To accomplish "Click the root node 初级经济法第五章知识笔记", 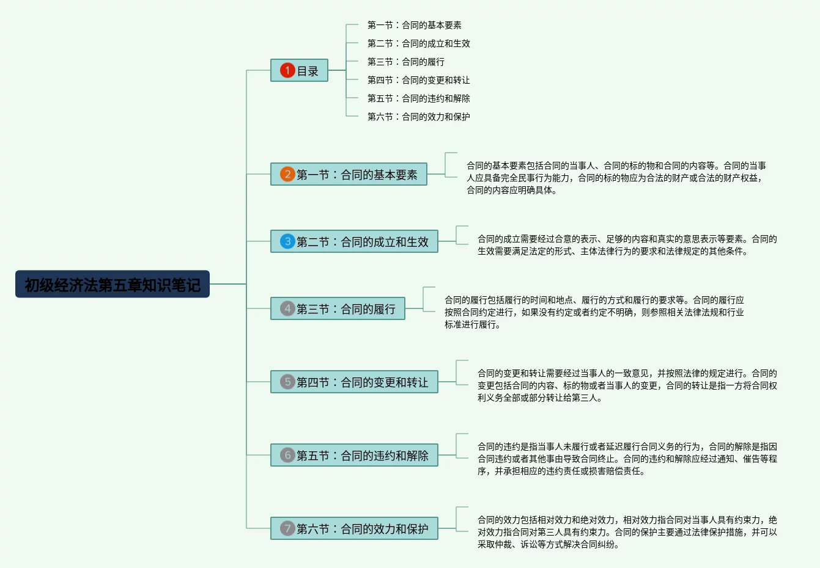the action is click(113, 285).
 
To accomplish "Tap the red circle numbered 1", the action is click(287, 70).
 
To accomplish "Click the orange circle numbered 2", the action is click(287, 174).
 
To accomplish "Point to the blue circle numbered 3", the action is click(287, 241).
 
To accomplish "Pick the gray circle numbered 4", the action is click(287, 308).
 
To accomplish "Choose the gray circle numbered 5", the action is click(287, 382).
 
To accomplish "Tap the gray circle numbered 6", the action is click(287, 455).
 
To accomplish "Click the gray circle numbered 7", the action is click(287, 528).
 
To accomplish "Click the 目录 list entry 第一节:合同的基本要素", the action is click(414, 25).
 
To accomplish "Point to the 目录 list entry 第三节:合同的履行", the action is click(405, 62).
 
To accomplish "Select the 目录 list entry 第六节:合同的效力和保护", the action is click(418, 117).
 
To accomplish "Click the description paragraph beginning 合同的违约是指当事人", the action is click(627, 459).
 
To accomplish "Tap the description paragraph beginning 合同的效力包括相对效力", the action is click(627, 532).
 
